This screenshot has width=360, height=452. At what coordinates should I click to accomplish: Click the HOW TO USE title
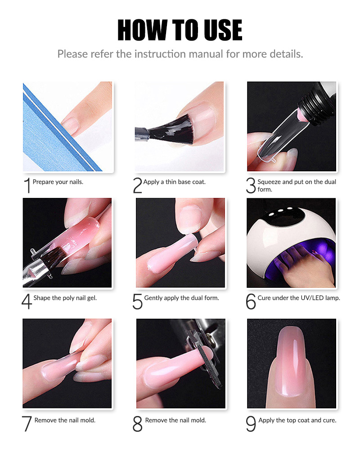coord(180,31)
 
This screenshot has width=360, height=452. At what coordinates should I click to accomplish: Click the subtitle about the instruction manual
coord(180,54)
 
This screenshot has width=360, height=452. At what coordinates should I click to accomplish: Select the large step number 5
coord(138,302)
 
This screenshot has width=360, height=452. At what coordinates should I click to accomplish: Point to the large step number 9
coord(251,424)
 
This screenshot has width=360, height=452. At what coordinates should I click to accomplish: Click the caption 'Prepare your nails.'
coord(58,182)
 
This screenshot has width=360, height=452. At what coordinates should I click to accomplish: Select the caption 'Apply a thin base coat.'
coord(174,182)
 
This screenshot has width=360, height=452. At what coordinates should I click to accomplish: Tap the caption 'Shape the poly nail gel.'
coord(65,298)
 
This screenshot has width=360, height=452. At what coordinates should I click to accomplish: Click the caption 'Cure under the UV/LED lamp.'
coord(298,298)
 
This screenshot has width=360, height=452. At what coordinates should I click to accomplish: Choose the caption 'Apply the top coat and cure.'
coord(297,420)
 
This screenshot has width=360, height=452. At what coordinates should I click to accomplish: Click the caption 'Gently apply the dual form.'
coord(181,298)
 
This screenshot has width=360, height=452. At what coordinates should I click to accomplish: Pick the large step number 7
coord(27,424)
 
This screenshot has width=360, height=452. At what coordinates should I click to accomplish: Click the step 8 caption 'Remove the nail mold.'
coord(175,420)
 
